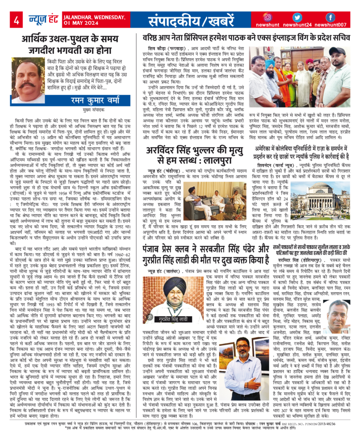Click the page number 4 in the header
pyautogui.click(x=16, y=21)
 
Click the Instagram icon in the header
pyautogui.click(x=267, y=17)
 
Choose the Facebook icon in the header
pyautogui.click(x=330, y=17)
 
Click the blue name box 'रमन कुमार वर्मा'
pyautogui.click(x=94, y=100)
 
